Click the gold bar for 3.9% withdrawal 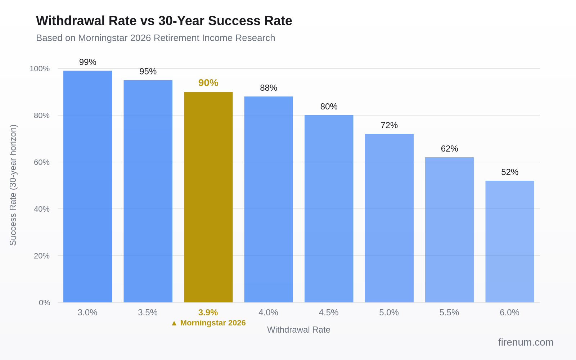coord(208,197)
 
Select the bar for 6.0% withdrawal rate coord(509,241)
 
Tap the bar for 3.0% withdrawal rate coord(87,186)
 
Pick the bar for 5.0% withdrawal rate coord(389,218)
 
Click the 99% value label coord(87,62)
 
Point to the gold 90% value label coord(208,83)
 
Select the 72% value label coord(389,125)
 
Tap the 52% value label coord(509,172)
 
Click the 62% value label coord(449,149)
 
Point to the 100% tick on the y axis coord(40,69)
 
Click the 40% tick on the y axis coord(42,209)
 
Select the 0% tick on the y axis coord(44,303)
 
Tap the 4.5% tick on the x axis coord(329,312)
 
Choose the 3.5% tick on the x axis coord(148,312)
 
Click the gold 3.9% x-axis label coord(208,312)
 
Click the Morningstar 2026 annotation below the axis coord(208,323)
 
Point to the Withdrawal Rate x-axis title coord(298,330)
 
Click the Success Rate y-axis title coord(13,185)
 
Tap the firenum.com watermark coord(526,342)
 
